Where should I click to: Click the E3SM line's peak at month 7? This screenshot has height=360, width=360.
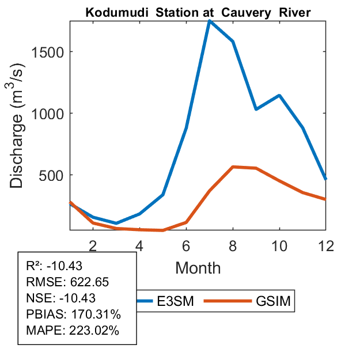tap(210, 21)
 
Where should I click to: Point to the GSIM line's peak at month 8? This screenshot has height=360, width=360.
tap(233, 166)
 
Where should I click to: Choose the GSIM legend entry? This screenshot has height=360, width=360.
tap(272, 301)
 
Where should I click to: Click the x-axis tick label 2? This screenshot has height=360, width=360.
tap(93, 245)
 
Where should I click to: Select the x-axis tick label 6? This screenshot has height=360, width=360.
tap(186, 245)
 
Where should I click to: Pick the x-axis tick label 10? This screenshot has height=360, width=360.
tap(279, 245)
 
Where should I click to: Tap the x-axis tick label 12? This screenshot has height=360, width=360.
tap(326, 245)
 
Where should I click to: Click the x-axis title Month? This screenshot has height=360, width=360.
tap(198, 267)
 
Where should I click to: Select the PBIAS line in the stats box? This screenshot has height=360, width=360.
tap(73, 314)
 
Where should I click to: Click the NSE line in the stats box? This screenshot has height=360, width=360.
tap(61, 298)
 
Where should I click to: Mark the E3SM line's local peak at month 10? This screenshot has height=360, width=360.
tap(279, 95)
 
